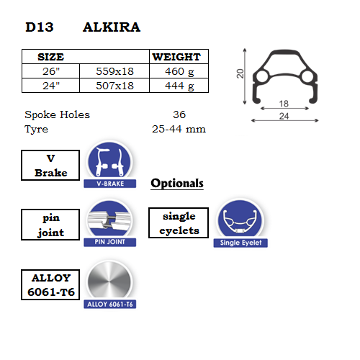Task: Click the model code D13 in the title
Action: coord(40,27)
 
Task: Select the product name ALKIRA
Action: coord(112,27)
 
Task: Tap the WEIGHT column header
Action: coord(176,57)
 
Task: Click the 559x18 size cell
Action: coord(114,71)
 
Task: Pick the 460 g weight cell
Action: coord(179,71)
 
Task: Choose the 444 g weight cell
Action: coord(179,86)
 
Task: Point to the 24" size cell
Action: coord(51,86)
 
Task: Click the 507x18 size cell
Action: coord(114,86)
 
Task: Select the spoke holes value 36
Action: coord(179,114)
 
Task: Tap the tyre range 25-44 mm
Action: coord(179,129)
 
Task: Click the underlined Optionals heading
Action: coord(177,184)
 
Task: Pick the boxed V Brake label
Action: coord(50,166)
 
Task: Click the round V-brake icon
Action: coord(109,161)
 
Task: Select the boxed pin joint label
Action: coord(50,225)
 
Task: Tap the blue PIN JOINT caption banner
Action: coord(110,242)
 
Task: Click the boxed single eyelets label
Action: coord(179,223)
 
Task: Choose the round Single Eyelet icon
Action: coord(240,220)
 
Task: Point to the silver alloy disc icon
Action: coord(109,282)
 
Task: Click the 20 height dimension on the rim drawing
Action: coord(240,73)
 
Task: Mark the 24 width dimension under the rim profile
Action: coord(284,116)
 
